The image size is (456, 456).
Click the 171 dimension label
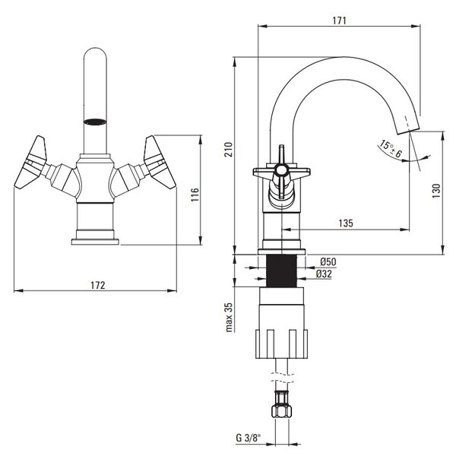click(339, 21)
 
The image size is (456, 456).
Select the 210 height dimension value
click(230, 150)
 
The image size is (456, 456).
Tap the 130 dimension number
click(436, 191)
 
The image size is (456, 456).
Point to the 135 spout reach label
click(346, 223)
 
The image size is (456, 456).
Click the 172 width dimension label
click(98, 285)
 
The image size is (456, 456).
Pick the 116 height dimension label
click(195, 195)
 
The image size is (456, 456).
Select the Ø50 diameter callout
click(328, 262)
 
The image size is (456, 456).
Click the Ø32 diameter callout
click(324, 274)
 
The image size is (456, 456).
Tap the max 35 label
click(230, 317)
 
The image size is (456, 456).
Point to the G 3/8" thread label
click(249, 438)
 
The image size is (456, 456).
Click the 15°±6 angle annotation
click(391, 149)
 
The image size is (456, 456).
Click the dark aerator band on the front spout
click(95, 122)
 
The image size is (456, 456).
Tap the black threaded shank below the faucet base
click(281, 271)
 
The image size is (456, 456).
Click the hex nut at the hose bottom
click(281, 410)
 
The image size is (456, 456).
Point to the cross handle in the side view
click(281, 172)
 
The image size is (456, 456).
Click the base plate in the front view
click(95, 242)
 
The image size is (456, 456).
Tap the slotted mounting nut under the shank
click(281, 344)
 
